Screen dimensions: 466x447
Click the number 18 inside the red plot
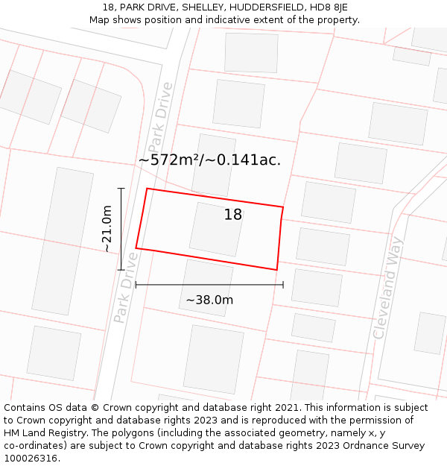point(233,215)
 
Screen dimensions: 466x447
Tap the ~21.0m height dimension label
point(107,229)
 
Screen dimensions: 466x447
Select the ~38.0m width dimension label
point(209,300)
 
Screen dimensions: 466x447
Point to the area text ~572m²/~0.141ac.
point(209,160)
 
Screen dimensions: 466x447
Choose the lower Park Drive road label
point(126,287)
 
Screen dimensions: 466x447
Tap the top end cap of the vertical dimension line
point(121,189)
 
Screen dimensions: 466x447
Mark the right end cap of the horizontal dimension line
point(283,284)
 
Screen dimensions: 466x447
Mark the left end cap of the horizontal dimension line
point(136,284)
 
